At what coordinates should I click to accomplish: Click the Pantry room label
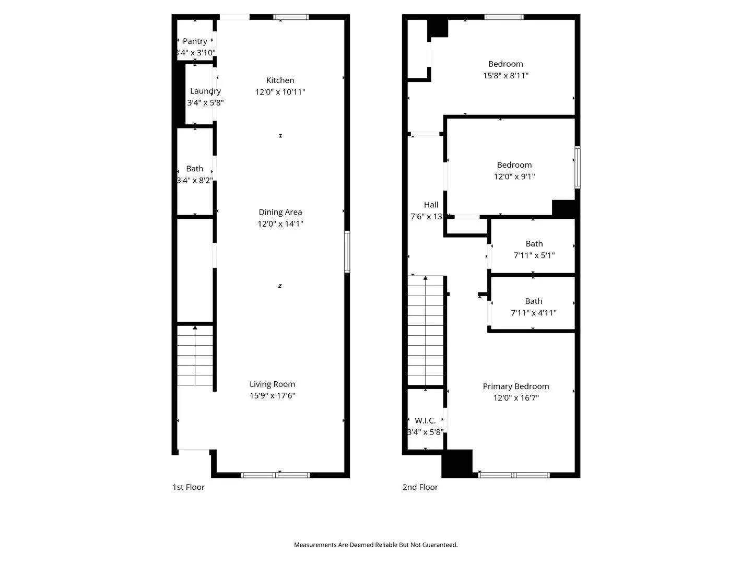(x=195, y=41)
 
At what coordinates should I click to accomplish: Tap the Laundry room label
(x=205, y=91)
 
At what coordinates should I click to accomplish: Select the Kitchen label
(x=280, y=80)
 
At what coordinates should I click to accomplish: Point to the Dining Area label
(x=280, y=212)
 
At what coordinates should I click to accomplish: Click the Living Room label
(x=272, y=384)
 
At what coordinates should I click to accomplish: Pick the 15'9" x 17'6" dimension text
(x=272, y=396)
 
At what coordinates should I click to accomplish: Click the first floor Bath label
(x=194, y=169)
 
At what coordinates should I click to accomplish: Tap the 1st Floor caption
(x=189, y=487)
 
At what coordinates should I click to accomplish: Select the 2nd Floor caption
(x=420, y=487)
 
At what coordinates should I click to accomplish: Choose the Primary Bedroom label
(x=515, y=386)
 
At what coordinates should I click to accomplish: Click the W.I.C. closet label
(x=425, y=420)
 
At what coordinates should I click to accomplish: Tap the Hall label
(x=431, y=205)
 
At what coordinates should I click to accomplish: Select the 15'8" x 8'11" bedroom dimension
(x=505, y=76)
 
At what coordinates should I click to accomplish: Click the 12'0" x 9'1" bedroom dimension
(x=514, y=177)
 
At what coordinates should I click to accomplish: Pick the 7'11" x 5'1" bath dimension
(x=534, y=255)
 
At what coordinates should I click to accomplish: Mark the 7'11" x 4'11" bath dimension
(x=533, y=313)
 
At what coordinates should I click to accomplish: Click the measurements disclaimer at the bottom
(x=375, y=545)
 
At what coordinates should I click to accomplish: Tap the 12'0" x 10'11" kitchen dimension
(x=280, y=92)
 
